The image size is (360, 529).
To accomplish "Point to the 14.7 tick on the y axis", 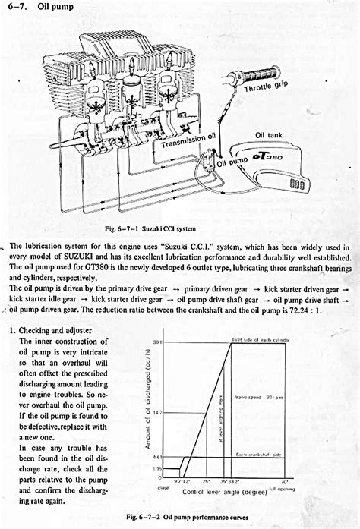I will pyautogui.click(x=157, y=411).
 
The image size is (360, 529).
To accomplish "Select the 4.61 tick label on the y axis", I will pyautogui.click(x=157, y=458).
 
